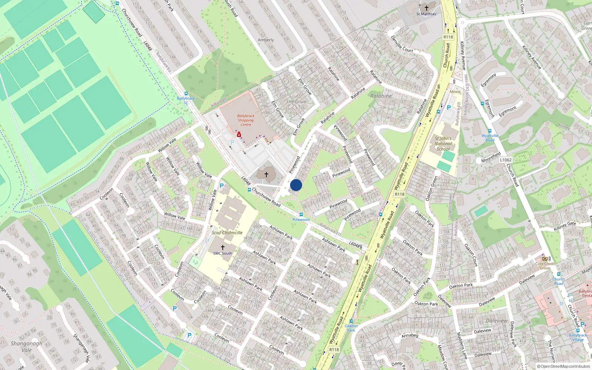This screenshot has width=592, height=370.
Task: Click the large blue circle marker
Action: tap(296, 185)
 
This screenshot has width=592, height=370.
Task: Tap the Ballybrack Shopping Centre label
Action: tap(246, 120)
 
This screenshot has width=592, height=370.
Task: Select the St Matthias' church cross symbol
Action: tap(426, 8)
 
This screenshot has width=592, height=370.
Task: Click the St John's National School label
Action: tap(443, 144)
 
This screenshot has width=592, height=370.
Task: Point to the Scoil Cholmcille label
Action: tap(227, 233)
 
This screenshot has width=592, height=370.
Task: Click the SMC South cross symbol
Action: tap(223, 247)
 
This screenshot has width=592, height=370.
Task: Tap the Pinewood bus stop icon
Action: tap(301, 215)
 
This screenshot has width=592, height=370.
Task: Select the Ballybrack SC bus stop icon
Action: tap(186, 94)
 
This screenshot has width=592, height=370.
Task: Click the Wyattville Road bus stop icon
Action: tap(490, 131)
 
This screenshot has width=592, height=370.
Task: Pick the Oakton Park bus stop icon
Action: tap(351, 321)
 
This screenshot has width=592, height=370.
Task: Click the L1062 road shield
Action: tap(505, 160)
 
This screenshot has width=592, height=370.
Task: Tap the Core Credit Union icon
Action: tap(545, 259)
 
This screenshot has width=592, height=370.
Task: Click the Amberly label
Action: tap(266, 40)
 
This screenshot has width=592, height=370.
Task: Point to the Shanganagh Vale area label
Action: tap(26, 347)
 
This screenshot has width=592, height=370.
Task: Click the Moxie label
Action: tap(455, 92)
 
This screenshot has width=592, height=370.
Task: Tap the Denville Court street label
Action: tap(402, 44)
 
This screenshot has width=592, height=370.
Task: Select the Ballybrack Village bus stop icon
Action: tap(578, 331)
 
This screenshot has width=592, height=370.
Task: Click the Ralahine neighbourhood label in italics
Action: tap(381, 96)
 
